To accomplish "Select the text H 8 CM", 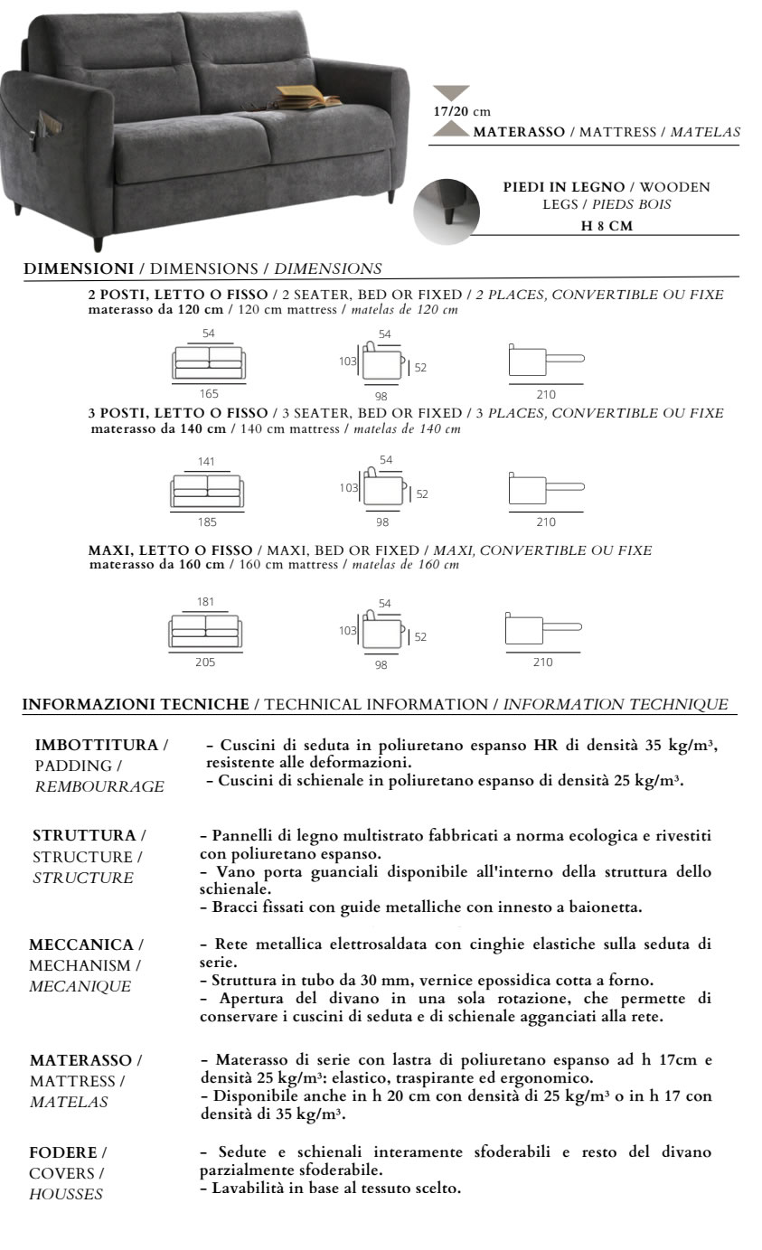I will click(x=606, y=226).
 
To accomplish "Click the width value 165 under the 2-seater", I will click(x=209, y=394).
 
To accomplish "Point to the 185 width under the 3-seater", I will click(x=208, y=522).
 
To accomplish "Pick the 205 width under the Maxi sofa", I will click(x=205, y=662).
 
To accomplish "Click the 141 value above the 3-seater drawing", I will click(x=207, y=462).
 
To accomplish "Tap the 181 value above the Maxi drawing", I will click(x=205, y=601).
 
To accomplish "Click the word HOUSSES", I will click(x=66, y=1194).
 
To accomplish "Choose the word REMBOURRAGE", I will click(x=99, y=787).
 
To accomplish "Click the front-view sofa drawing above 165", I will click(x=209, y=363).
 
